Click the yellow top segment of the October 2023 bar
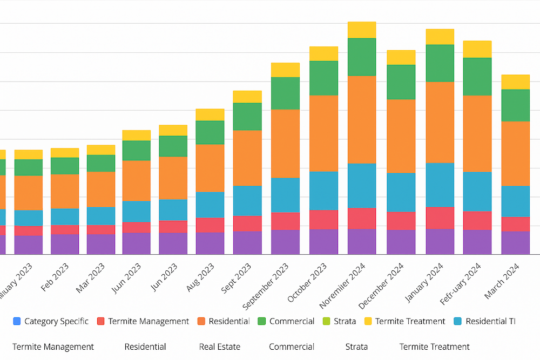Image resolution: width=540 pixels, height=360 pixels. coord(323,53)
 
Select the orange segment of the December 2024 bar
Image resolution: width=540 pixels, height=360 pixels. coord(401,136)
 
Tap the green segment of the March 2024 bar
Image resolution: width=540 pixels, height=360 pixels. coord(515,105)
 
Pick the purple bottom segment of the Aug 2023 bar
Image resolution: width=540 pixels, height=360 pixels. coord(210,243)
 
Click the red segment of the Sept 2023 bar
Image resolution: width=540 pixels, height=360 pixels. coord(247,223)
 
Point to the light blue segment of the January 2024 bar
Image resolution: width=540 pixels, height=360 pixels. coord(440,185)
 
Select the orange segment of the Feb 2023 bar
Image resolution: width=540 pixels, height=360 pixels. coord(65,191)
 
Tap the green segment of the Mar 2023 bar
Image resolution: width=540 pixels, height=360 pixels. coord(101,163)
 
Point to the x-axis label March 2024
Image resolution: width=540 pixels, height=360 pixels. coord(502,281)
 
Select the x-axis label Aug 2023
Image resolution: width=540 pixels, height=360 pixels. coord(199,278)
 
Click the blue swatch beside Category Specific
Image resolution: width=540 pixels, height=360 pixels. coord(17,321)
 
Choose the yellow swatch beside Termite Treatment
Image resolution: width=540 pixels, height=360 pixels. coord(368,321)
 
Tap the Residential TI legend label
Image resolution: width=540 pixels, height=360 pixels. coord(490,321)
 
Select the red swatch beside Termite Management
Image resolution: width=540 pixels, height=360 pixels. coord(100,321)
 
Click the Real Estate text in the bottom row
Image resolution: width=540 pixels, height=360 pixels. coord(219,347)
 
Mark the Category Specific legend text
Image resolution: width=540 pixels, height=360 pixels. coord(56,321)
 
